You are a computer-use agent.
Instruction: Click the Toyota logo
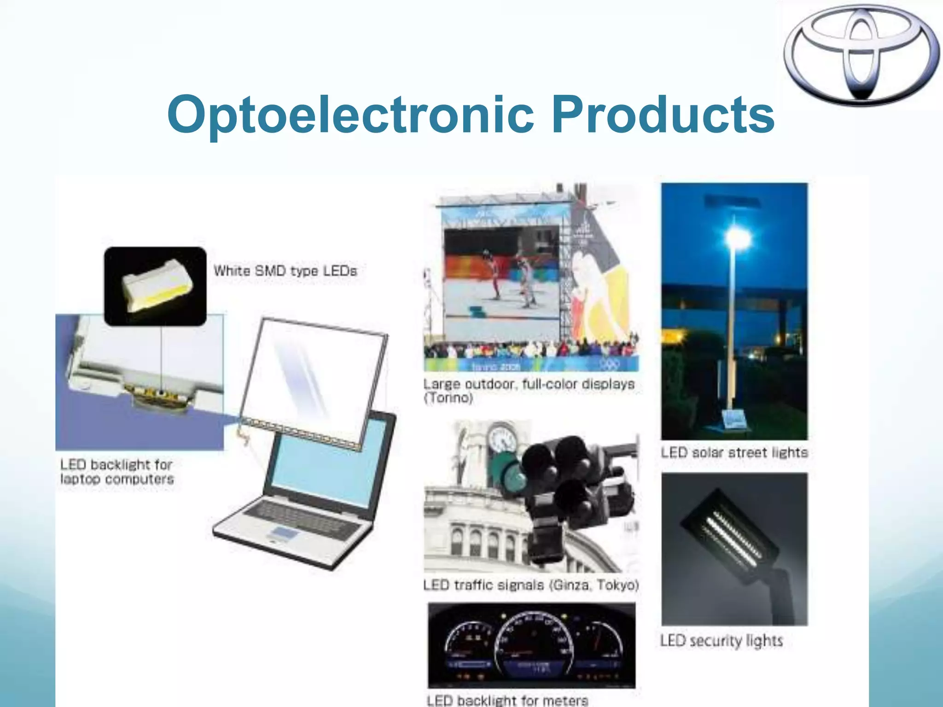[x=862, y=56]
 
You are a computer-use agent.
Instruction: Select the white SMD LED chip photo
[x=155, y=286]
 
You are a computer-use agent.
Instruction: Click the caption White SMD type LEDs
[x=285, y=271]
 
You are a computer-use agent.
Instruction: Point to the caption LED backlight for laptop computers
[x=117, y=472]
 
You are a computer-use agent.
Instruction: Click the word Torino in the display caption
[x=448, y=398]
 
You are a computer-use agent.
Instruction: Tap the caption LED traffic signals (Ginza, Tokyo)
[x=531, y=585]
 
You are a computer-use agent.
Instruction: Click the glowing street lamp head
[x=738, y=238]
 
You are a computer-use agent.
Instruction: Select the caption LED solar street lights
[x=734, y=452]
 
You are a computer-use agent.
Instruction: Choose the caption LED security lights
[x=721, y=640]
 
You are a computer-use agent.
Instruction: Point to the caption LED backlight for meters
[x=507, y=700]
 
